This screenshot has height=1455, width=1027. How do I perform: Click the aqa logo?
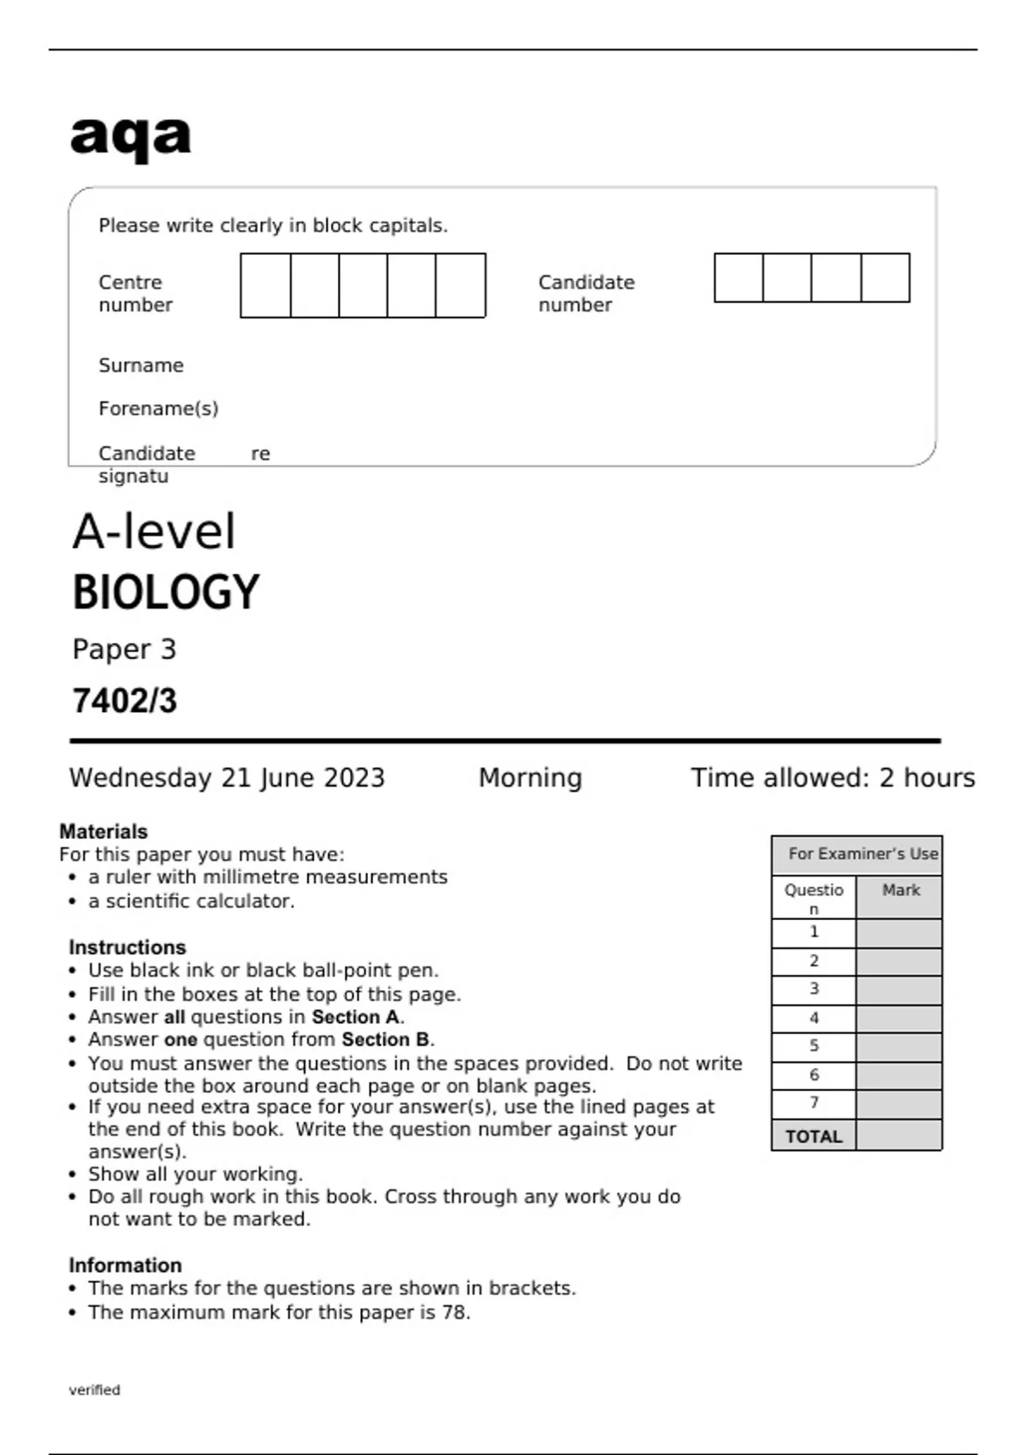[x=130, y=137]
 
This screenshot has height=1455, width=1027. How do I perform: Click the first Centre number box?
[x=265, y=285]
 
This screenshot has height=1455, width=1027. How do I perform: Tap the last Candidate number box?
[x=885, y=277]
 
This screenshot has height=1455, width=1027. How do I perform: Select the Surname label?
[x=140, y=365]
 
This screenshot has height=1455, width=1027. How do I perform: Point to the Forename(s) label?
[x=158, y=408]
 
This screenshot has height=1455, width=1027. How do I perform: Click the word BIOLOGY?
[x=165, y=592]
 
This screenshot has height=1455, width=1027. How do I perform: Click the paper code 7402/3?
[x=124, y=701]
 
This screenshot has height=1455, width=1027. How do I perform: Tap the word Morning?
[x=530, y=777]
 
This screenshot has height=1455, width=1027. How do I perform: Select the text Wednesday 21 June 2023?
[x=227, y=777]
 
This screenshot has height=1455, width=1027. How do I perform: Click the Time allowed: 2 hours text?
[x=832, y=777]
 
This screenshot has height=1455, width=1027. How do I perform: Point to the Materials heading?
[x=104, y=831]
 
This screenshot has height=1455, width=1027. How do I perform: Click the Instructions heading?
[x=127, y=947]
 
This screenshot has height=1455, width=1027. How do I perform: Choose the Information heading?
[x=125, y=1265]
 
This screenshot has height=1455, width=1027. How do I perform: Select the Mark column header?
[x=899, y=890]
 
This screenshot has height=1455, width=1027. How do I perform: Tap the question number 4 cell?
[x=813, y=1018]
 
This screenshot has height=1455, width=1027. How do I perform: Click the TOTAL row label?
[x=813, y=1137]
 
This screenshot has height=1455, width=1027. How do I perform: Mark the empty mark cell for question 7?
[x=899, y=1104]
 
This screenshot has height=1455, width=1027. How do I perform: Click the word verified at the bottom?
[x=94, y=1390]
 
